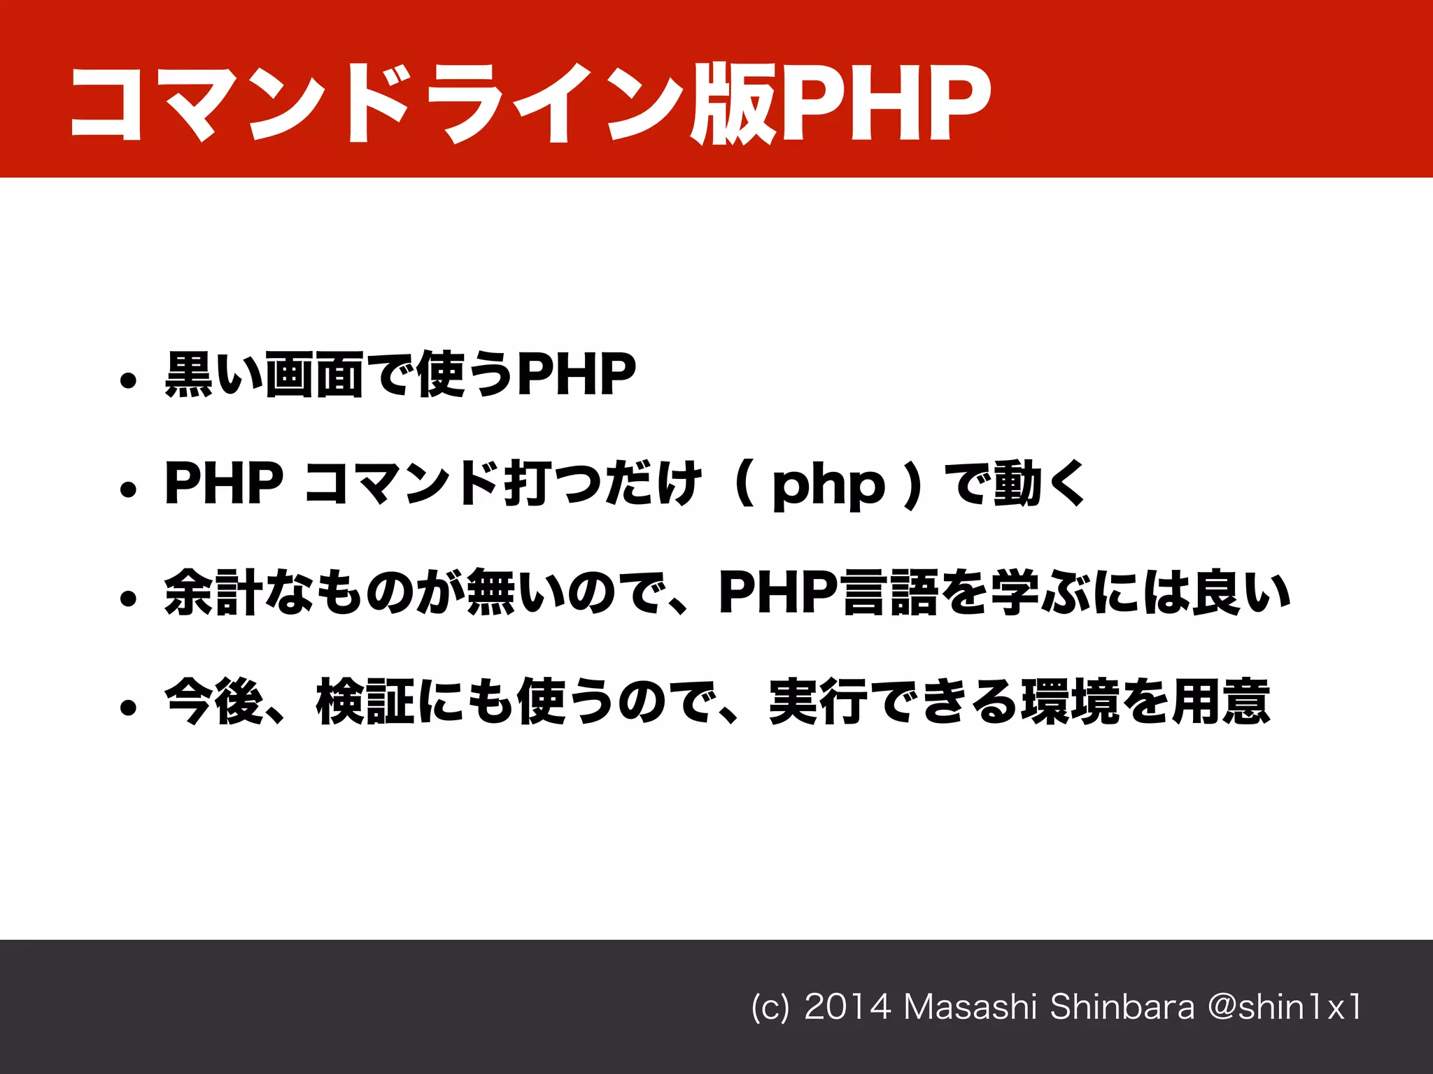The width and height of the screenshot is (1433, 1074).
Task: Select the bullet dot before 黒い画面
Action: pyautogui.click(x=127, y=380)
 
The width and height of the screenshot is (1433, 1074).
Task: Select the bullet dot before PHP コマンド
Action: pyautogui.click(x=127, y=489)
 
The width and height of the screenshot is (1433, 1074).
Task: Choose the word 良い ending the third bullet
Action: pyautogui.click(x=1241, y=593)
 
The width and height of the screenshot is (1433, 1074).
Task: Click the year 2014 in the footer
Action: pyautogui.click(x=847, y=1007)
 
